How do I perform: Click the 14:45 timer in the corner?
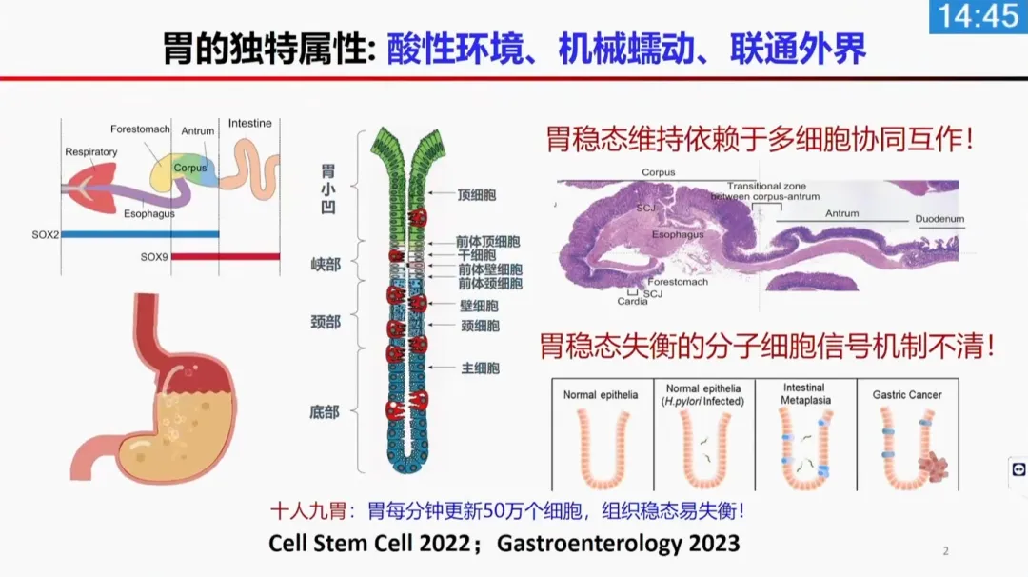979,16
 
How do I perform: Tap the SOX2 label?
46,235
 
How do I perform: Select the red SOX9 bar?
226,256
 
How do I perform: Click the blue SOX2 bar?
140,234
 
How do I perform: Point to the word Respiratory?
91,152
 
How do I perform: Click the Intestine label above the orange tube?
249,123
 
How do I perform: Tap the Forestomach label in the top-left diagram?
140,129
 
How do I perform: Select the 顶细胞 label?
477,195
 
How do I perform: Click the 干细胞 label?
477,255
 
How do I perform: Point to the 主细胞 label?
481,368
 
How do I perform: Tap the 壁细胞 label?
479,306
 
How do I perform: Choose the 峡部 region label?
326,265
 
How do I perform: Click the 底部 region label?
325,412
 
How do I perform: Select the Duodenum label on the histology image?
939,219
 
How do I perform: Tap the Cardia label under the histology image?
632,302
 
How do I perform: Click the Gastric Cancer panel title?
907,395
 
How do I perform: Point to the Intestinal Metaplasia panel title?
805,394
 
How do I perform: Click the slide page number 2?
945,550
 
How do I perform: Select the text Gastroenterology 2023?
619,543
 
